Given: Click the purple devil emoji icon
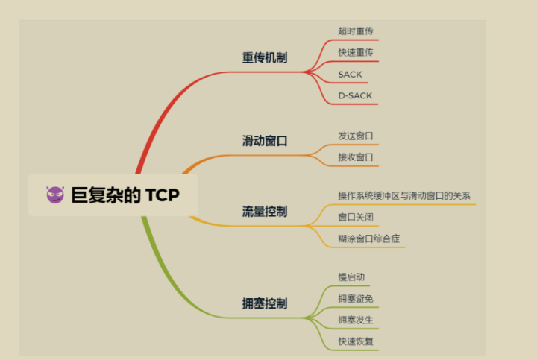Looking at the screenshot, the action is (x=55, y=195).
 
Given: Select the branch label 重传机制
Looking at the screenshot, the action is (x=265, y=57).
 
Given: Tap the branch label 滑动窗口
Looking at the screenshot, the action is (x=265, y=140).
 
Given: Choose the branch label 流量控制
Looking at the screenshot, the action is (x=265, y=212).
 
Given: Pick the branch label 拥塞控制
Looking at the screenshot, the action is (x=265, y=303).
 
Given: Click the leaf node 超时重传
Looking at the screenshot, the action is (x=356, y=31).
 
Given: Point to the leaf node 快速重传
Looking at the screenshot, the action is (x=356, y=53).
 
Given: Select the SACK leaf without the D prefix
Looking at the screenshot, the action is (x=350, y=75).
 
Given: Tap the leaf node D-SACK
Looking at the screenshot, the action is (x=355, y=96).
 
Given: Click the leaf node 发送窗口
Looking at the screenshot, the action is (x=356, y=136).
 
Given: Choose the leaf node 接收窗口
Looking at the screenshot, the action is (x=356, y=157).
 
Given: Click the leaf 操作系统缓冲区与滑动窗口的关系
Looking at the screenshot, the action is (x=404, y=196).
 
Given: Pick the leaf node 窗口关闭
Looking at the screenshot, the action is (x=356, y=218).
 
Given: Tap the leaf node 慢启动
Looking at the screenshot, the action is (x=351, y=277).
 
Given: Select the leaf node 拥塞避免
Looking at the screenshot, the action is (x=356, y=299).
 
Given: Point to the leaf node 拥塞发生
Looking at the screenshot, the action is (x=356, y=320).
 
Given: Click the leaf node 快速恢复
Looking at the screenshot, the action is (x=356, y=342).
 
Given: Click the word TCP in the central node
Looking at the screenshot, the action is (x=162, y=195).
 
